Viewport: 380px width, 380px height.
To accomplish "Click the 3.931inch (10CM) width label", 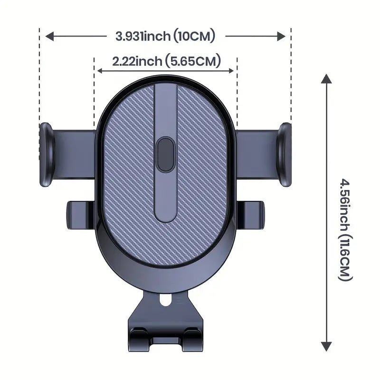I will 165,36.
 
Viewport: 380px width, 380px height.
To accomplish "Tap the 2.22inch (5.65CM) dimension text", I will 166,61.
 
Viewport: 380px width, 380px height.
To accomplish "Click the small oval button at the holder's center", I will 166,154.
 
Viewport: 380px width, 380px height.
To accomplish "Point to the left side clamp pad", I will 46,154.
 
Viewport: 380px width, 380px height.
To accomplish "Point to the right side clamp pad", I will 285,154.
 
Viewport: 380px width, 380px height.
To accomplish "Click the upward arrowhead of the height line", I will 326,79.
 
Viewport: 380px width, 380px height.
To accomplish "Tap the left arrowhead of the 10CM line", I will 49,36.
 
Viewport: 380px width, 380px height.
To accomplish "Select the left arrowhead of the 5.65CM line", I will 100,71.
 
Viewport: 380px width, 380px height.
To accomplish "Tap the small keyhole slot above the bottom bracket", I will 165,301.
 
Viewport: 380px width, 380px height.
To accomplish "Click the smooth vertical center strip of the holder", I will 166,199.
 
